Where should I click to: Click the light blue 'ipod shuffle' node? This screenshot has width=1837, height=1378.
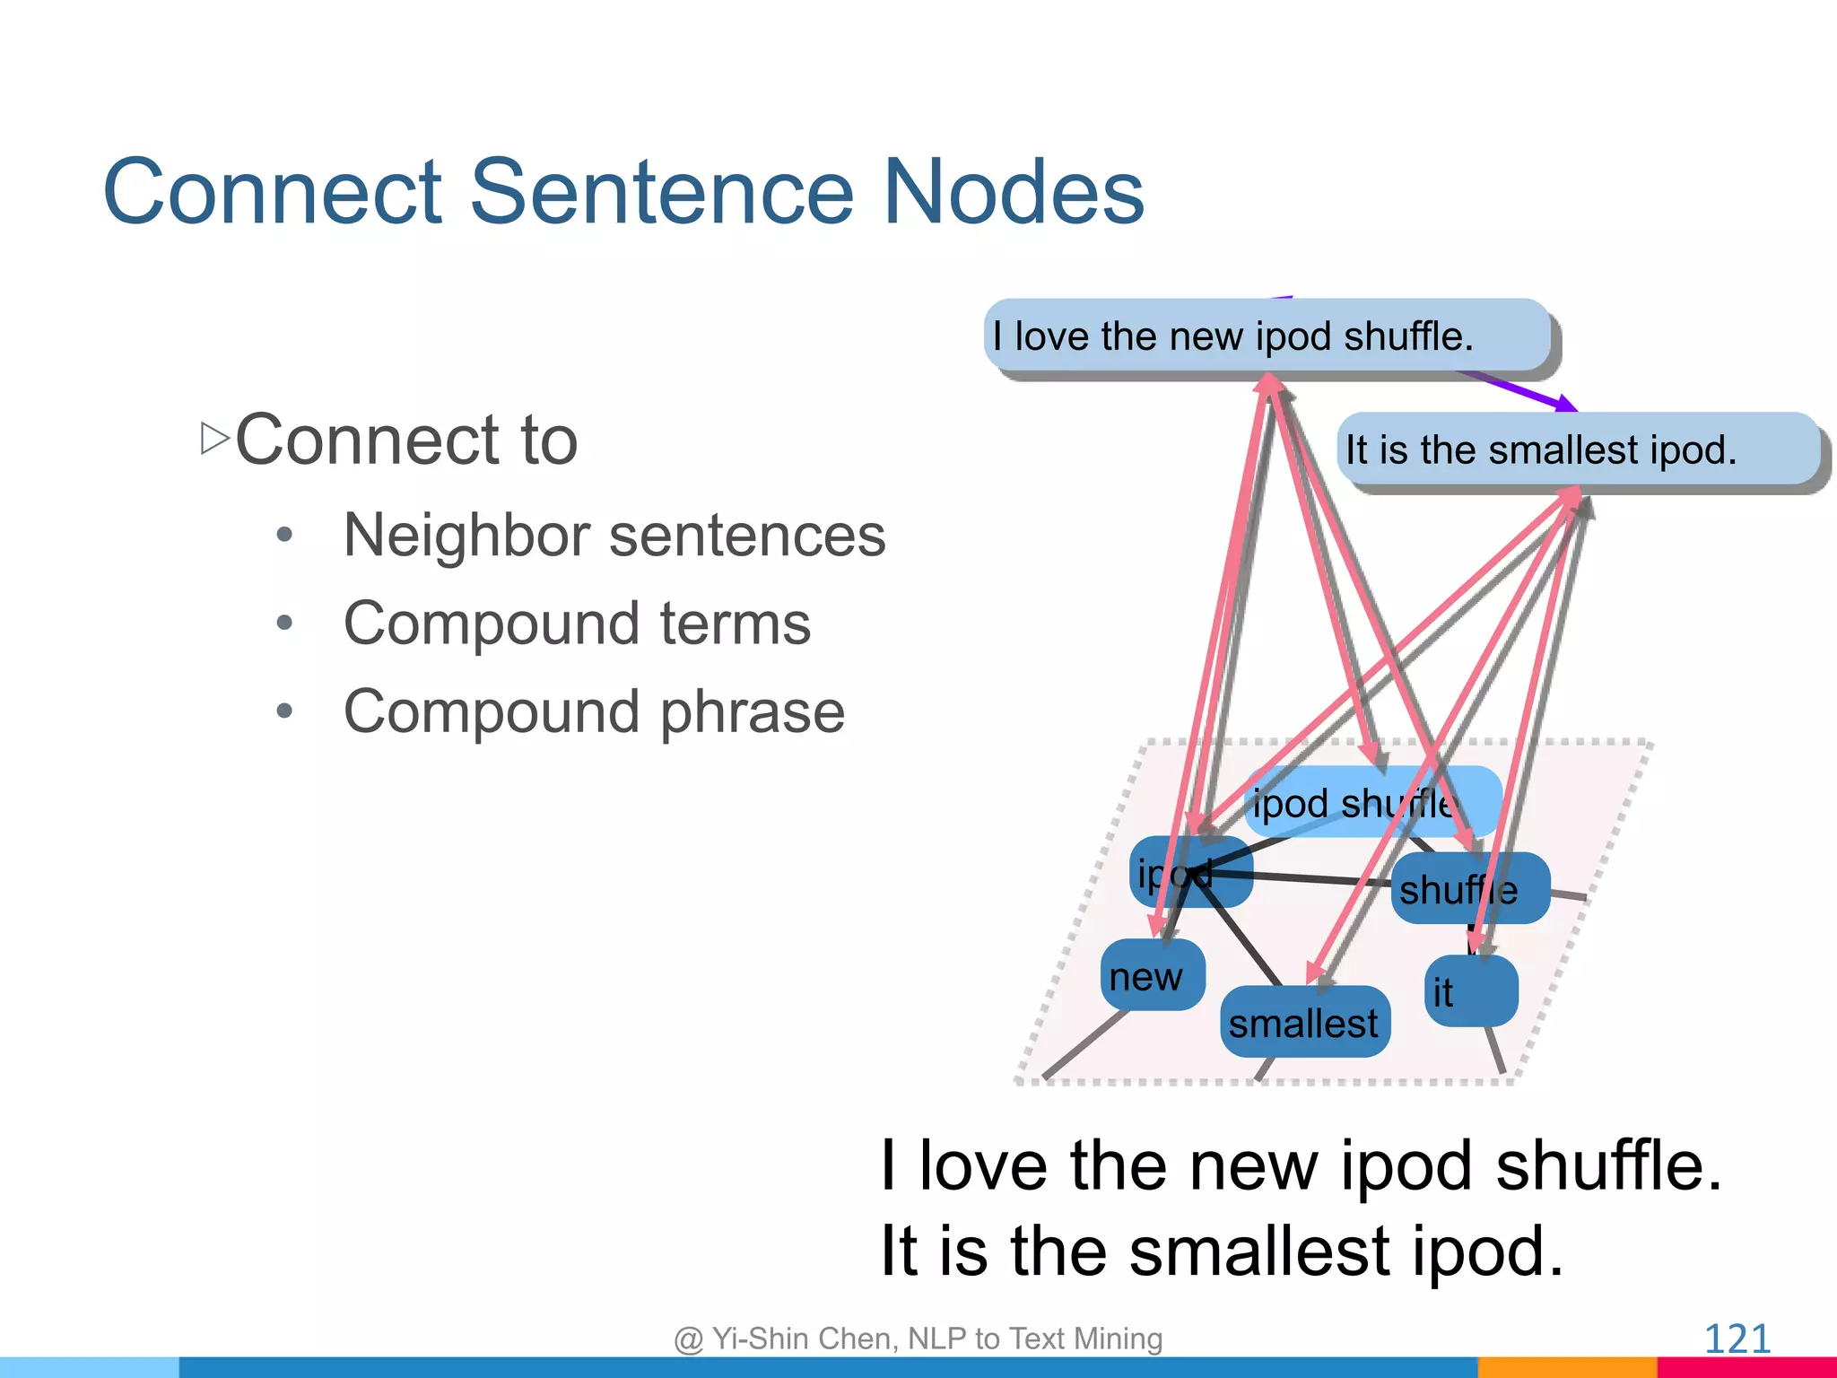click(1372, 802)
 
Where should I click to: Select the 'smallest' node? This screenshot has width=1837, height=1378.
click(1304, 1023)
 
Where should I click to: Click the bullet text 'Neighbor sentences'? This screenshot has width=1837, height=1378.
click(614, 536)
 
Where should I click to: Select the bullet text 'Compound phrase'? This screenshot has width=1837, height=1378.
click(594, 711)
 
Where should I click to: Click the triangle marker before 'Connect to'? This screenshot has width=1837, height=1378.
click(214, 439)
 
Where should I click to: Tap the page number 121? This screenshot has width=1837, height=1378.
click(1737, 1339)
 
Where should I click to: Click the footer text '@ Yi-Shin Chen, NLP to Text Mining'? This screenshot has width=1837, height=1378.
click(918, 1339)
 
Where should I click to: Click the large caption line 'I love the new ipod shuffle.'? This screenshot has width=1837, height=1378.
click(1301, 1165)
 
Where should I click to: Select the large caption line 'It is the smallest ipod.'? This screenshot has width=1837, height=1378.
click(1222, 1251)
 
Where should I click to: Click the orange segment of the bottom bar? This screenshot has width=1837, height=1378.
click(1566, 1367)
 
